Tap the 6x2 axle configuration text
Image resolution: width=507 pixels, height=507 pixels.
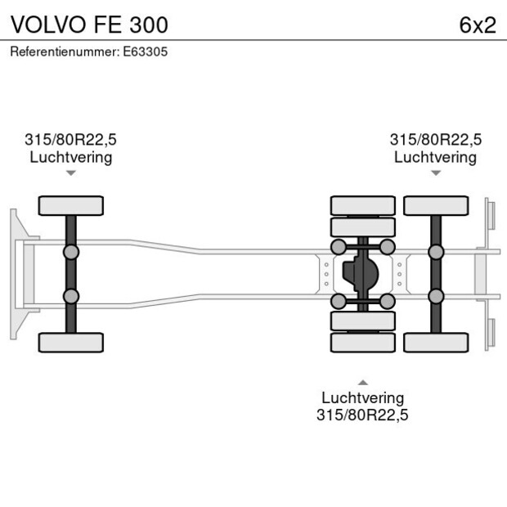(478, 25)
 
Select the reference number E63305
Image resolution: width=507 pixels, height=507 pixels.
(146, 52)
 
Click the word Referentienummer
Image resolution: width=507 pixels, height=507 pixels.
(65, 52)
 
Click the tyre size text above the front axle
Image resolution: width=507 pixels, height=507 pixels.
(71, 140)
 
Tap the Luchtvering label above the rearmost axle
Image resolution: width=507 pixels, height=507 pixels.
(435, 157)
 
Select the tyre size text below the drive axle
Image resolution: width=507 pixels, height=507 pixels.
(362, 415)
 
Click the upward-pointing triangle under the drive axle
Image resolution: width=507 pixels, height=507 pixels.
(362, 382)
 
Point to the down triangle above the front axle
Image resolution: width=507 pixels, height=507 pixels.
(71, 173)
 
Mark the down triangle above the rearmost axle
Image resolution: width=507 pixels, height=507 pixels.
(435, 173)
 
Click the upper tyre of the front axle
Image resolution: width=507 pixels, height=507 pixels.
(71, 205)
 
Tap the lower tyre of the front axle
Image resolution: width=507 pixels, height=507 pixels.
(71, 342)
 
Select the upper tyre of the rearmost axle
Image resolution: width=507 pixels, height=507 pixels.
(435, 205)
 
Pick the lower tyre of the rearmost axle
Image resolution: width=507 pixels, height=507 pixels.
(435, 342)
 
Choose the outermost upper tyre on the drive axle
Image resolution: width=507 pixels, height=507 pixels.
(362, 205)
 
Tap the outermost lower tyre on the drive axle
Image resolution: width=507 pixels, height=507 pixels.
(362, 342)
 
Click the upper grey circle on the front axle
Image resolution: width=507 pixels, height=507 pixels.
(71, 251)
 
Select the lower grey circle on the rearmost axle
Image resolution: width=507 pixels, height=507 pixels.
(435, 296)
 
